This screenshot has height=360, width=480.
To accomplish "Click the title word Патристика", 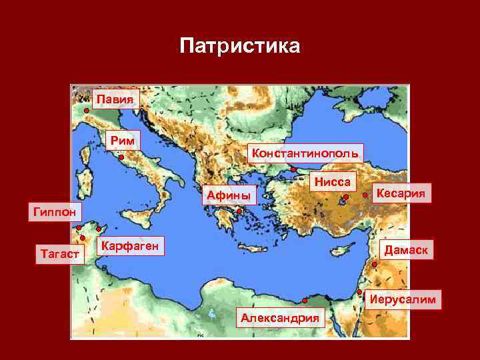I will click(x=240, y=47).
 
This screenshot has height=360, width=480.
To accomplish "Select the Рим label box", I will click(x=125, y=140).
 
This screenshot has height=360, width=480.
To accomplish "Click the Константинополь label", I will click(x=305, y=153).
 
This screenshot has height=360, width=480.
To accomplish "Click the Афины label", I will click(x=229, y=195).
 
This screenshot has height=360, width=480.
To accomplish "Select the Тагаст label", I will click(x=60, y=254).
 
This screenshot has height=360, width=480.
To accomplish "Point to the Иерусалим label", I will click(x=404, y=299).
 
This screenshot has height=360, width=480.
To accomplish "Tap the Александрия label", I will click(x=280, y=318).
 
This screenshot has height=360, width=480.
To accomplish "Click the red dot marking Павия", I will click(x=87, y=110).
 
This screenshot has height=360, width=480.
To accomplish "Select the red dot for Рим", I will click(x=121, y=158).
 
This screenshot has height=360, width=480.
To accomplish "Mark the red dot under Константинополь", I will click(x=293, y=169).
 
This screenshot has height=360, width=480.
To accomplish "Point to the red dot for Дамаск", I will click(x=375, y=265).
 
